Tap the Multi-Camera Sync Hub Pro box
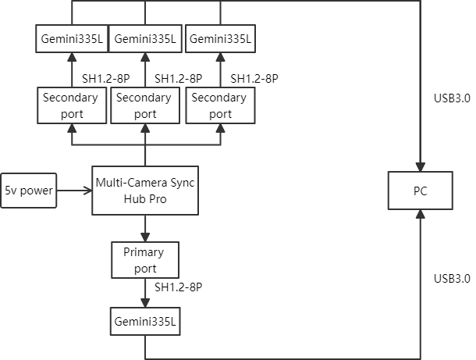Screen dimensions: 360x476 click(x=144, y=191)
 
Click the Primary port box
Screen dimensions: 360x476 click(x=144, y=260)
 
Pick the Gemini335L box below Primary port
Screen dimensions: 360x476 click(x=144, y=320)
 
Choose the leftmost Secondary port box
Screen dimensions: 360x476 click(x=70, y=105)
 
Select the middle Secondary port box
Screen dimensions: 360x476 click(x=144, y=105)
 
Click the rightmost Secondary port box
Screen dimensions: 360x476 click(x=219, y=105)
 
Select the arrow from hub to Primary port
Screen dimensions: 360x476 click(x=144, y=228)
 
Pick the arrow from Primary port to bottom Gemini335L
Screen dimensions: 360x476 click(x=144, y=293)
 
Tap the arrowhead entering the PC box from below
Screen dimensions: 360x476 click(x=421, y=214)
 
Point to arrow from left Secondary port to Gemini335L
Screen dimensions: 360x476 click(x=70, y=70)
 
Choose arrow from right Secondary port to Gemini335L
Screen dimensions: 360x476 click(x=220, y=70)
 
